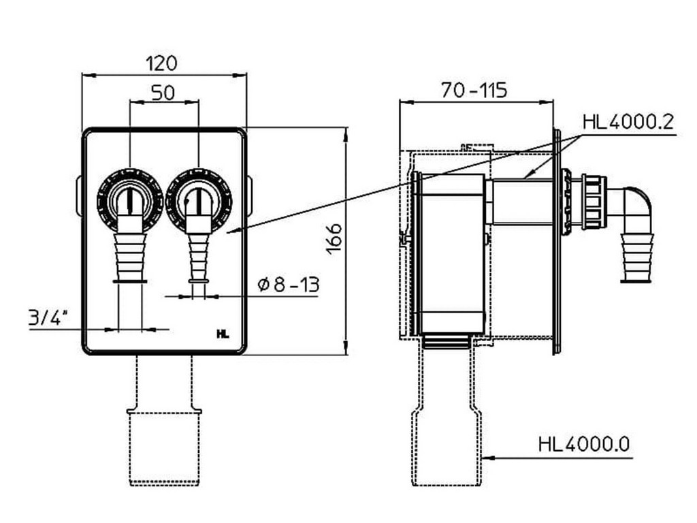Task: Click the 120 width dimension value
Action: pos(162,63)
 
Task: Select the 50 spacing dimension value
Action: pos(163,92)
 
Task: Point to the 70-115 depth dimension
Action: pos(474,90)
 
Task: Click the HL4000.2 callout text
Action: pos(628,123)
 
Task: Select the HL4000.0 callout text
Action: pos(584,445)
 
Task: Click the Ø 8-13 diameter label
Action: pos(289,285)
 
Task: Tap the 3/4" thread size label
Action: pos(49,317)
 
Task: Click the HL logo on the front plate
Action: pos(223,334)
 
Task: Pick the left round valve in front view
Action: pos(129,197)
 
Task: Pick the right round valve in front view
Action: pos(198,197)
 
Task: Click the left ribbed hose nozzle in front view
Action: pos(130,252)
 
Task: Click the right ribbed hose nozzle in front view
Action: pos(198,252)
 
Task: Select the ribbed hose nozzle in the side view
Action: pos(637,257)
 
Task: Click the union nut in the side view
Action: pos(594,202)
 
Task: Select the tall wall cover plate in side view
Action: pos(557,242)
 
